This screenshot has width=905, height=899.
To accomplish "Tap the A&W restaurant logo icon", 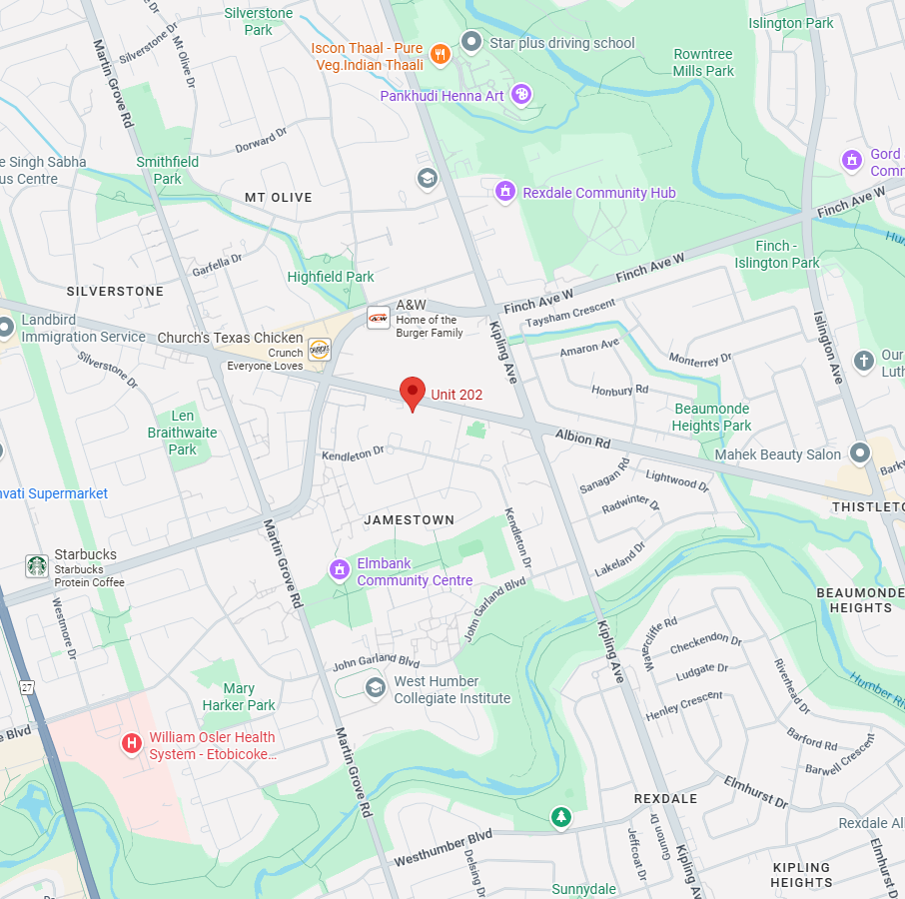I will click(379, 319).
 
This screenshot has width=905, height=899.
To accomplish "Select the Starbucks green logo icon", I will click(37, 566).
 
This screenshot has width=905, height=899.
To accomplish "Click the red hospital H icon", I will click(131, 743).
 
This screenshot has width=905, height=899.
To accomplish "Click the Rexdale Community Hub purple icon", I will click(505, 191).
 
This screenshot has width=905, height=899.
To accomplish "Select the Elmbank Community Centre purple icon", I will click(340, 569).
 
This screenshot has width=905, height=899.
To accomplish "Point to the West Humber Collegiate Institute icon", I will click(375, 687).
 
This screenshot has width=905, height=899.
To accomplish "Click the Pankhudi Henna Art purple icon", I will click(520, 95).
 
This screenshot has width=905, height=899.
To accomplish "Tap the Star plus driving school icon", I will click(470, 42).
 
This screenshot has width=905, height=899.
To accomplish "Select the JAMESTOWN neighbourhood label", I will click(409, 520).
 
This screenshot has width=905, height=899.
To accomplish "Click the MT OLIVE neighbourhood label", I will click(279, 198).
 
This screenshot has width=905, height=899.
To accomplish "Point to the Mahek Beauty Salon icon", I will click(859, 453).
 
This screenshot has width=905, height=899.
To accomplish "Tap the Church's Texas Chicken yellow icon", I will click(319, 349).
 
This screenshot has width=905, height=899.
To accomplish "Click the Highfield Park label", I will click(331, 277).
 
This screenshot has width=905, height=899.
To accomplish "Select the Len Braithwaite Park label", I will click(182, 433).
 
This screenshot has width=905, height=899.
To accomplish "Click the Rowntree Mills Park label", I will click(703, 62).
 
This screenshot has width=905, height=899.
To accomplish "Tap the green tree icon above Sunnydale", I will click(561, 818).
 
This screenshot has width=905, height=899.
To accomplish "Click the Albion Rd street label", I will click(582, 440).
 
